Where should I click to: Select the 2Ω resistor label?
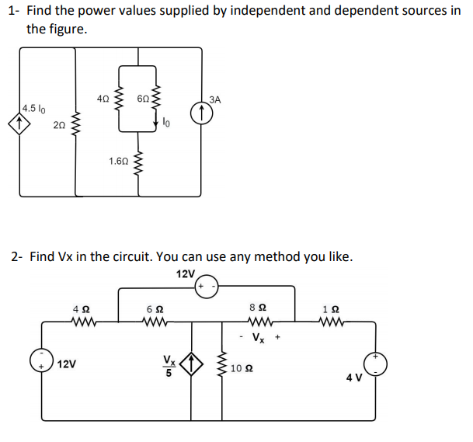click(x=59, y=125)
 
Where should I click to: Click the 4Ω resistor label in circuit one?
click(x=103, y=99)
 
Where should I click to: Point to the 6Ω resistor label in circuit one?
click(x=143, y=99)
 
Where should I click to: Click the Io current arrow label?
click(x=168, y=122)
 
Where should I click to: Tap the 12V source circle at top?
click(x=210, y=287)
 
